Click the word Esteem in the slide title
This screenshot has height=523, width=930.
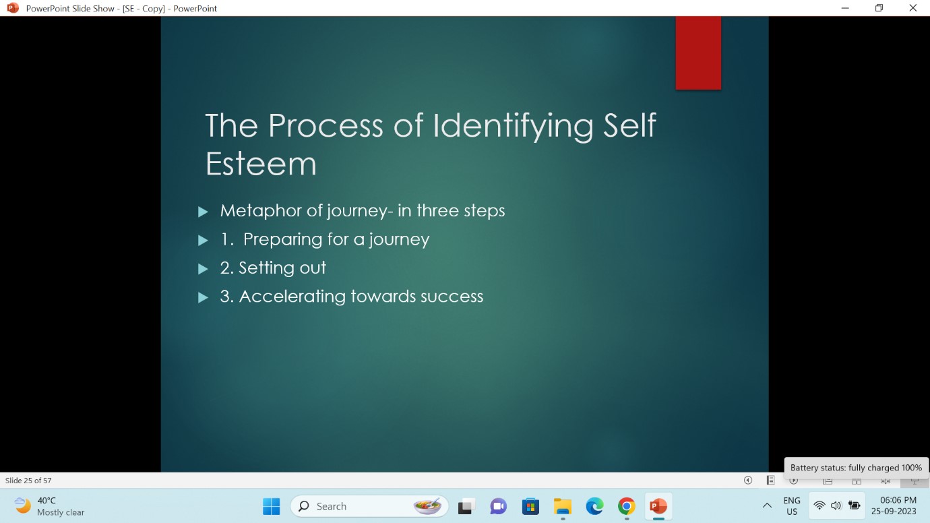[261, 164]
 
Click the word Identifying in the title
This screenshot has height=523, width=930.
[513, 126]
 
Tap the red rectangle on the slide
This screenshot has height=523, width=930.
[698, 53]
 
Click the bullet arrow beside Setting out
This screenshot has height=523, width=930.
[203, 269]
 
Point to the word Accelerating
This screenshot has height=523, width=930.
[292, 297]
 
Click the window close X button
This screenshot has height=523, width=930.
[912, 8]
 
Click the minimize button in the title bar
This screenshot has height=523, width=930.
[845, 8]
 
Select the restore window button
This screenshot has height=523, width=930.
[879, 8]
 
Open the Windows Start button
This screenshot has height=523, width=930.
[272, 506]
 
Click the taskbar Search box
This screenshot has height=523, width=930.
[369, 506]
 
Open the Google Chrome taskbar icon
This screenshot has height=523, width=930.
[627, 506]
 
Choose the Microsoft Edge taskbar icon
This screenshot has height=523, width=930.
[594, 506]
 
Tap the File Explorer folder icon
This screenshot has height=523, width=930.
[563, 506]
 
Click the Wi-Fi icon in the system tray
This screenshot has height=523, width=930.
[819, 505]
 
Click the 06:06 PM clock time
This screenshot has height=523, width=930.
[898, 500]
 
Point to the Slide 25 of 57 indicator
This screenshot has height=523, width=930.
[28, 481]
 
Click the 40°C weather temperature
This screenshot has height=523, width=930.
[46, 501]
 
